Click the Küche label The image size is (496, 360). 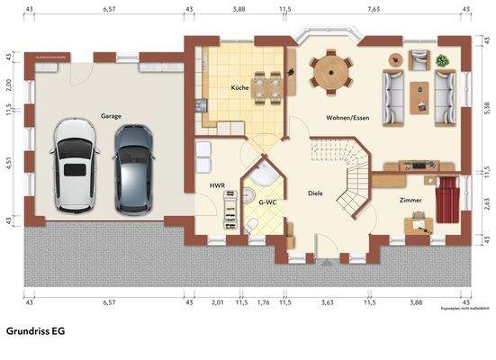(x=239, y=87)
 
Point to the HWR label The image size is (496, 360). (x=217, y=185)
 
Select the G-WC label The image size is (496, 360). (x=267, y=202)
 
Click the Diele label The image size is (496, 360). (x=315, y=193)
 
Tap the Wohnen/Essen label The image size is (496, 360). (x=347, y=118)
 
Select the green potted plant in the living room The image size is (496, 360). (x=442, y=60)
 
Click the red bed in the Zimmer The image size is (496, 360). (x=447, y=198)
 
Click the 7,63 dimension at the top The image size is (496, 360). (x=374, y=8)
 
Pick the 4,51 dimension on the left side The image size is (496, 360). (x=8, y=163)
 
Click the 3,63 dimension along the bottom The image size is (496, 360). (x=328, y=302)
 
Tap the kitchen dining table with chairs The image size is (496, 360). (x=267, y=86)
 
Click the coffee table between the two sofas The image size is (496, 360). (x=419, y=94)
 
